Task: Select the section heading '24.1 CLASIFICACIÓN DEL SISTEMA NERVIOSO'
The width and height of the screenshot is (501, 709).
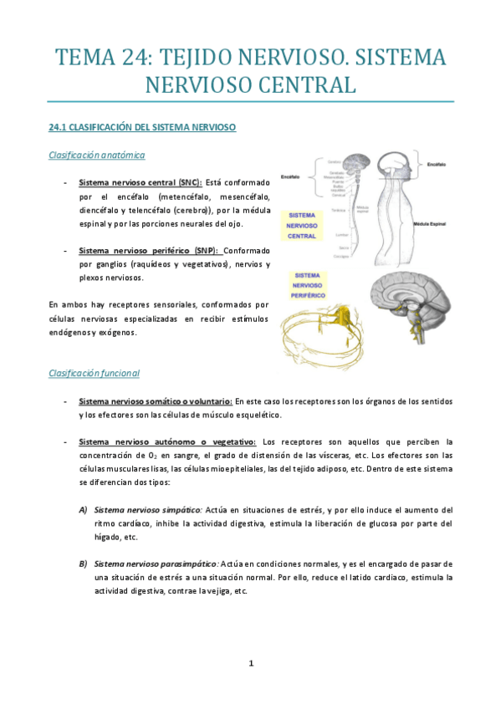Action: click(x=142, y=127)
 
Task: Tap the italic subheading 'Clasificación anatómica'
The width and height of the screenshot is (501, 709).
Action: click(x=97, y=155)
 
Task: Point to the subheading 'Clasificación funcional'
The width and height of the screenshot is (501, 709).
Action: click(x=94, y=373)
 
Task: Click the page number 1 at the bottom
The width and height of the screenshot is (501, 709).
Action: click(x=250, y=664)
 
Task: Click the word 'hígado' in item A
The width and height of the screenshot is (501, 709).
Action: click(x=109, y=537)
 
